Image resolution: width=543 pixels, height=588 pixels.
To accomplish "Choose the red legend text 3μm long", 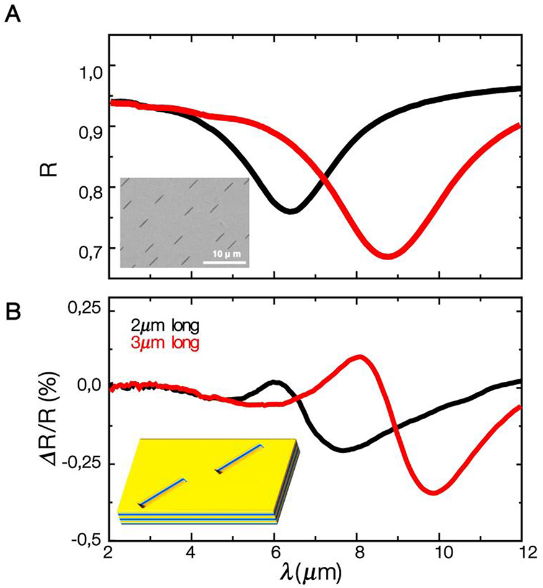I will pyautogui.click(x=164, y=343).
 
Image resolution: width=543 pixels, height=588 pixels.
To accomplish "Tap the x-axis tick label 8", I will pyautogui.click(x=356, y=552).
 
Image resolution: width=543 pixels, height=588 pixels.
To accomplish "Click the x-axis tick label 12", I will pyautogui.click(x=520, y=552).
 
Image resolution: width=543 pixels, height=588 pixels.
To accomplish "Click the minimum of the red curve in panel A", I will pyautogui.click(x=388, y=256).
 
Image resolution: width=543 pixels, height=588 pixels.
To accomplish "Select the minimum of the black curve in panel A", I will pyautogui.click(x=290, y=211).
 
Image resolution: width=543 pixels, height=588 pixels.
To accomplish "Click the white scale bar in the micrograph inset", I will pyautogui.click(x=225, y=263).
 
